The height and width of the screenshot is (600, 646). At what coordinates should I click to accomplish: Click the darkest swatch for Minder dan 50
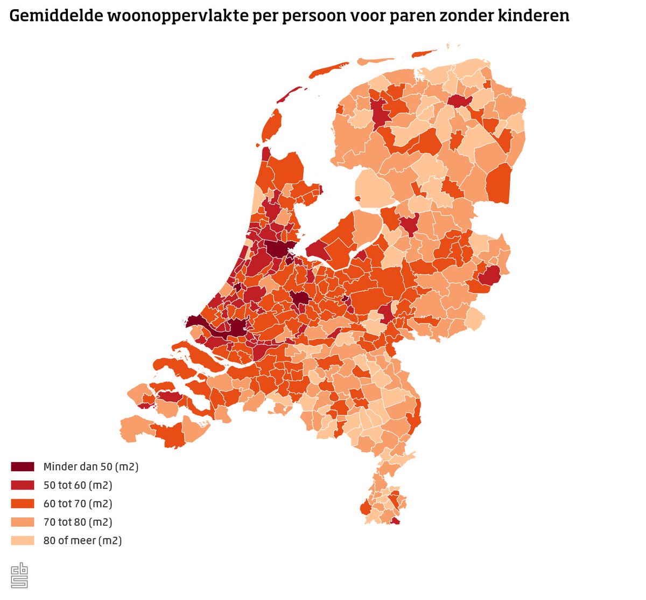(23, 467)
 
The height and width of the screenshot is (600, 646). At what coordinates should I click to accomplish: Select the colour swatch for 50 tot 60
(23, 485)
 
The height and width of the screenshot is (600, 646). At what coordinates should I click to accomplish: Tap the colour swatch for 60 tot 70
(23, 504)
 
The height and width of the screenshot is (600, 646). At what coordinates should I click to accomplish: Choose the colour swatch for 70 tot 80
(23, 522)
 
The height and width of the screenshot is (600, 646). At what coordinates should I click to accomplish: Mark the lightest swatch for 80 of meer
(23, 540)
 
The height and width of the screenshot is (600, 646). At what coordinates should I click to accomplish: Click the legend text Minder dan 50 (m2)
(91, 467)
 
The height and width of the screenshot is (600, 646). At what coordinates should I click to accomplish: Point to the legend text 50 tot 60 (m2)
(78, 485)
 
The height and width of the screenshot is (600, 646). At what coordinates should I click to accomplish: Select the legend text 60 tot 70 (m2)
(78, 504)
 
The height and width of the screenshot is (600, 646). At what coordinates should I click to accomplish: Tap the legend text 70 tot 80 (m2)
(78, 522)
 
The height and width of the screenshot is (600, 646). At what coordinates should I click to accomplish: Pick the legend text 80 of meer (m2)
(83, 540)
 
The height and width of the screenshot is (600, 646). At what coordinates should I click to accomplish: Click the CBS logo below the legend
(19, 575)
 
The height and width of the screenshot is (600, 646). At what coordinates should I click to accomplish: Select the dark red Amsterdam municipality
(278, 249)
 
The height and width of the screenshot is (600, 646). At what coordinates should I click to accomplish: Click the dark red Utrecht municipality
(299, 299)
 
